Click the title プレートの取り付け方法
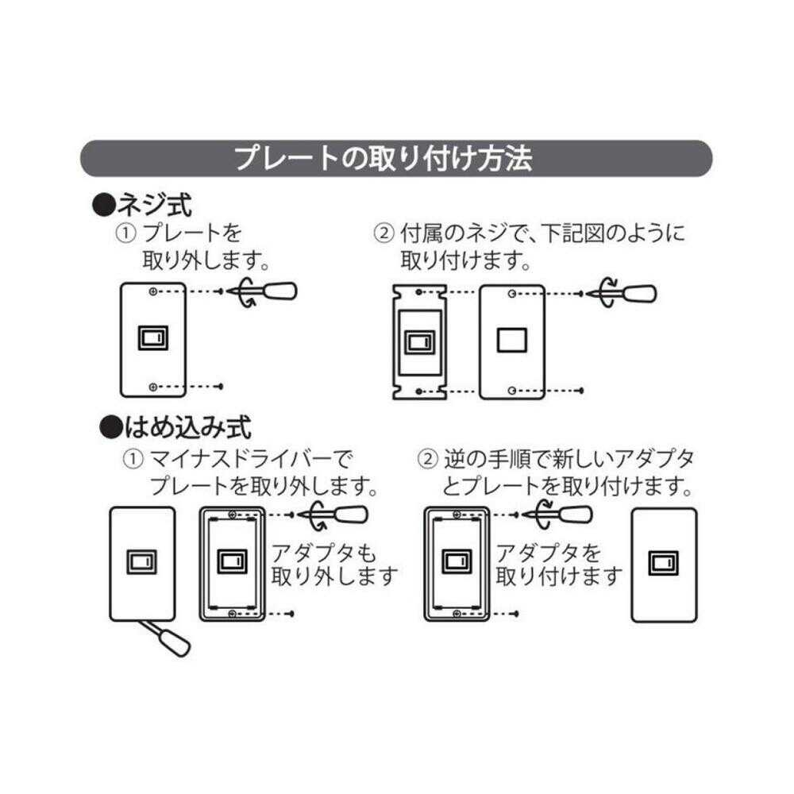point(383,158)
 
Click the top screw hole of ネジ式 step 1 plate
point(152,292)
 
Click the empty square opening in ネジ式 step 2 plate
point(511,340)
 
